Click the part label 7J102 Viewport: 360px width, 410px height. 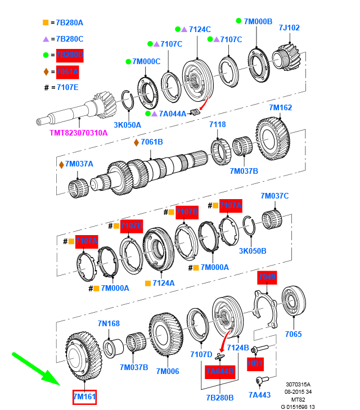289,27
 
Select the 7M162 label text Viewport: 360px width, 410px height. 280,107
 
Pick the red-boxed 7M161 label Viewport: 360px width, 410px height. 84,398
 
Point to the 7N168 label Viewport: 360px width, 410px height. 109,323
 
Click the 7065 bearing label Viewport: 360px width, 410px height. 293,334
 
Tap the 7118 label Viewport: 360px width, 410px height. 218,124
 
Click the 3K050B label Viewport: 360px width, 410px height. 253,251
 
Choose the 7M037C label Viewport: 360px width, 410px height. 274,196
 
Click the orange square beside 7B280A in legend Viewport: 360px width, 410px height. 46,22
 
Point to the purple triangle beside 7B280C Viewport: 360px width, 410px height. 46,39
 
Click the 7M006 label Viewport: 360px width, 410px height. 167,371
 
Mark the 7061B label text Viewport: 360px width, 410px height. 151,142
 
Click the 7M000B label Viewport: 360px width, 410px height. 258,21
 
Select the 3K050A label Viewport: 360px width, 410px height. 127,125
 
